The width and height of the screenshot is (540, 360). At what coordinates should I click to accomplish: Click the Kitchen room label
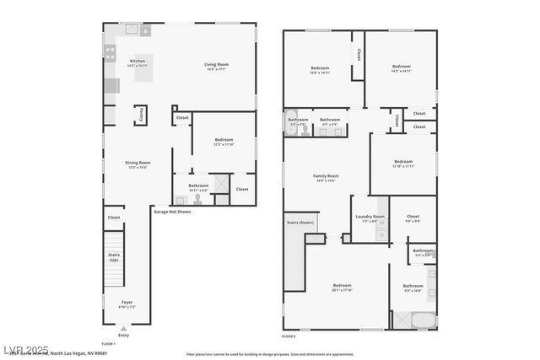[x=137, y=64]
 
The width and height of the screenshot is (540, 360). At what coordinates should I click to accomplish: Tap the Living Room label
[x=217, y=66]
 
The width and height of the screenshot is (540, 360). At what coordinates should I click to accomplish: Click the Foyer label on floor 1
[x=127, y=303]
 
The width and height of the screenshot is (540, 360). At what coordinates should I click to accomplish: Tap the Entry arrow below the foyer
[x=124, y=330]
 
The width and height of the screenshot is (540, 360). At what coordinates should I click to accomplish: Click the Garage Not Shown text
[x=172, y=212]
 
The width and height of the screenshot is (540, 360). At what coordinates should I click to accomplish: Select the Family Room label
[x=326, y=177]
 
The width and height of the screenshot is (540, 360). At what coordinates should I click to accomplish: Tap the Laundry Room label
[x=370, y=218]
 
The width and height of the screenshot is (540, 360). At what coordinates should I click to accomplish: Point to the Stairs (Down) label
[x=300, y=223]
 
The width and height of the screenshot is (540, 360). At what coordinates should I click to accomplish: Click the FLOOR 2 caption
[x=289, y=336]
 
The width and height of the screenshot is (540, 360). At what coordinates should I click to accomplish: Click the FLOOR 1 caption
[x=108, y=344]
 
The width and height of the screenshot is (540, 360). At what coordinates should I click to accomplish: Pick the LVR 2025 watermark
[x=25, y=348]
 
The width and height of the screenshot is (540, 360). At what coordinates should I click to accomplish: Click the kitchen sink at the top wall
[x=134, y=29]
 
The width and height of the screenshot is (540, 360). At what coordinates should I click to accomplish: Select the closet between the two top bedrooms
[x=359, y=55]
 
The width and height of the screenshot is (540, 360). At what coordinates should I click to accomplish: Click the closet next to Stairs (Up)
[x=114, y=218]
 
